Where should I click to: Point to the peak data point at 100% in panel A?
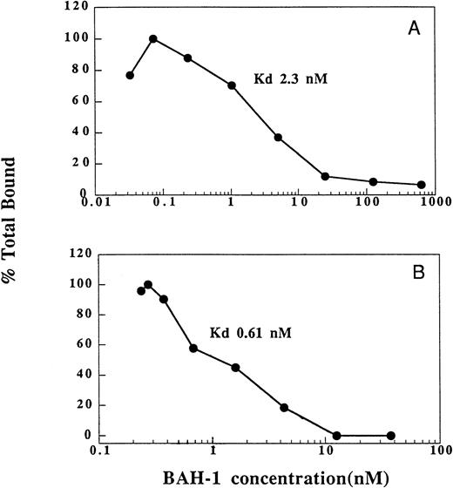tap(153, 38)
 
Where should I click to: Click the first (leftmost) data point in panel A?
tap(130, 75)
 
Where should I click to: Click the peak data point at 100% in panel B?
tap(148, 285)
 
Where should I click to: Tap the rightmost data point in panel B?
tap(390, 436)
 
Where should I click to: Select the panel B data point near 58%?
tap(193, 348)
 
